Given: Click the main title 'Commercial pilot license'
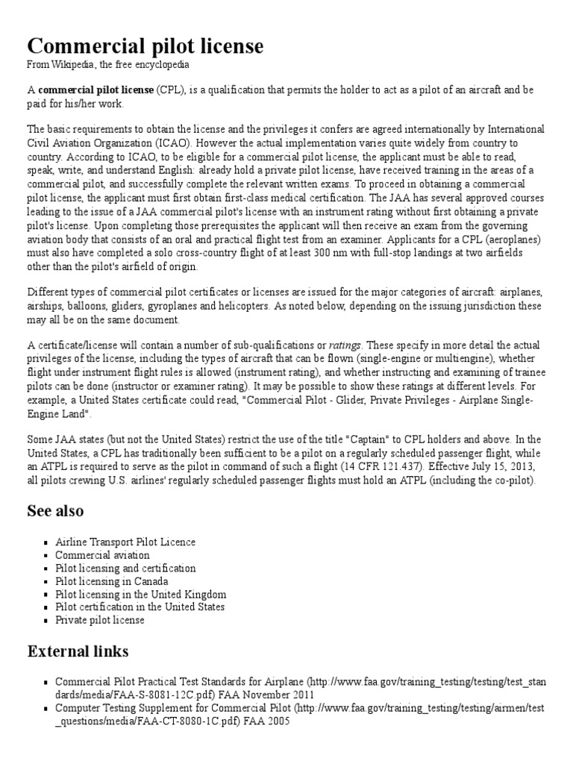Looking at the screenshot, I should pyautogui.click(x=145, y=46).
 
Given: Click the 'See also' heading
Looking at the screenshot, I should pyautogui.click(x=55, y=511).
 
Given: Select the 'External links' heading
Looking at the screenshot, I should pyautogui.click(x=78, y=651).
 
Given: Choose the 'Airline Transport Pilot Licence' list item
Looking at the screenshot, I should pyautogui.click(x=125, y=542).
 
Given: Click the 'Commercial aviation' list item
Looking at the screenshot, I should pyautogui.click(x=102, y=555).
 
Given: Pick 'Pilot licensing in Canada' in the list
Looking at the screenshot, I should pyautogui.click(x=111, y=581).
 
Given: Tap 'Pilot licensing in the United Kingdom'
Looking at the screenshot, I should pyautogui.click(x=140, y=595).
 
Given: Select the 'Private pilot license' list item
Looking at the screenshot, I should pyautogui.click(x=100, y=620).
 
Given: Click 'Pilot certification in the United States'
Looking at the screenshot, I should pyautogui.click(x=140, y=607).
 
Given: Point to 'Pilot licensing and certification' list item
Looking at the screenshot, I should pyautogui.click(x=125, y=569).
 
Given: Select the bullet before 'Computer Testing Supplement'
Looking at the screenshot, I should pyautogui.click(x=47, y=709).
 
